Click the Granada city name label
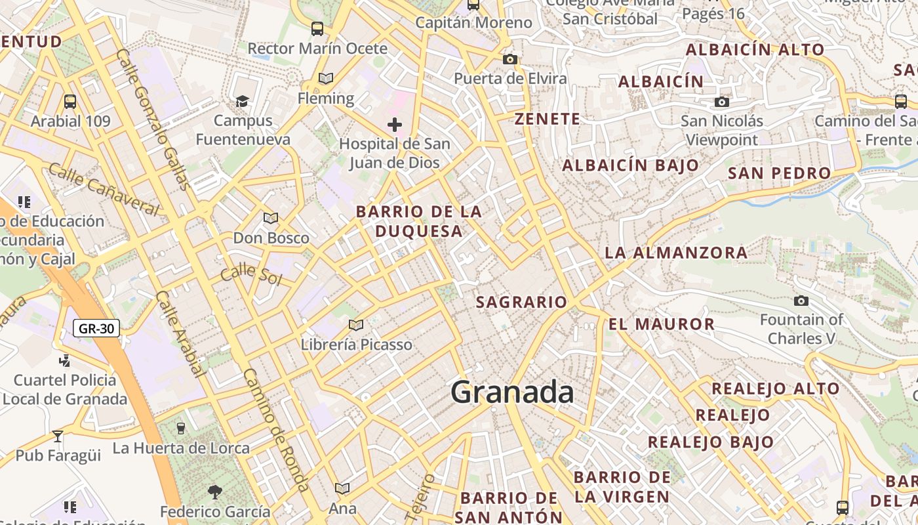(x=512, y=392)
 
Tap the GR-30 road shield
(x=96, y=328)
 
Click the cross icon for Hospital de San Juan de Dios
(x=394, y=124)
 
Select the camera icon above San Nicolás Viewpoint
(x=721, y=102)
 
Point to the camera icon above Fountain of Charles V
(x=801, y=301)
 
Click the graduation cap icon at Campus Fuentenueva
(x=243, y=101)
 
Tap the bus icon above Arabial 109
(x=70, y=102)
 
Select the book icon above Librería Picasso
(x=356, y=325)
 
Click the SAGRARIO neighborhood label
(x=521, y=302)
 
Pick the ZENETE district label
(x=547, y=119)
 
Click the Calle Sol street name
(x=250, y=274)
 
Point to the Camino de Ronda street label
(x=276, y=429)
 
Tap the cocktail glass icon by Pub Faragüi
(x=58, y=436)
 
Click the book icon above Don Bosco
(x=270, y=218)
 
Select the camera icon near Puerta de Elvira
(x=509, y=59)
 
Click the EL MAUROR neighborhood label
(x=661, y=324)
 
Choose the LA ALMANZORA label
(x=675, y=252)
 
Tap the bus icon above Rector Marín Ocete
(x=317, y=29)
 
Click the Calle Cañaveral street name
(x=104, y=190)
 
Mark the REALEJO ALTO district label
(x=775, y=388)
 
